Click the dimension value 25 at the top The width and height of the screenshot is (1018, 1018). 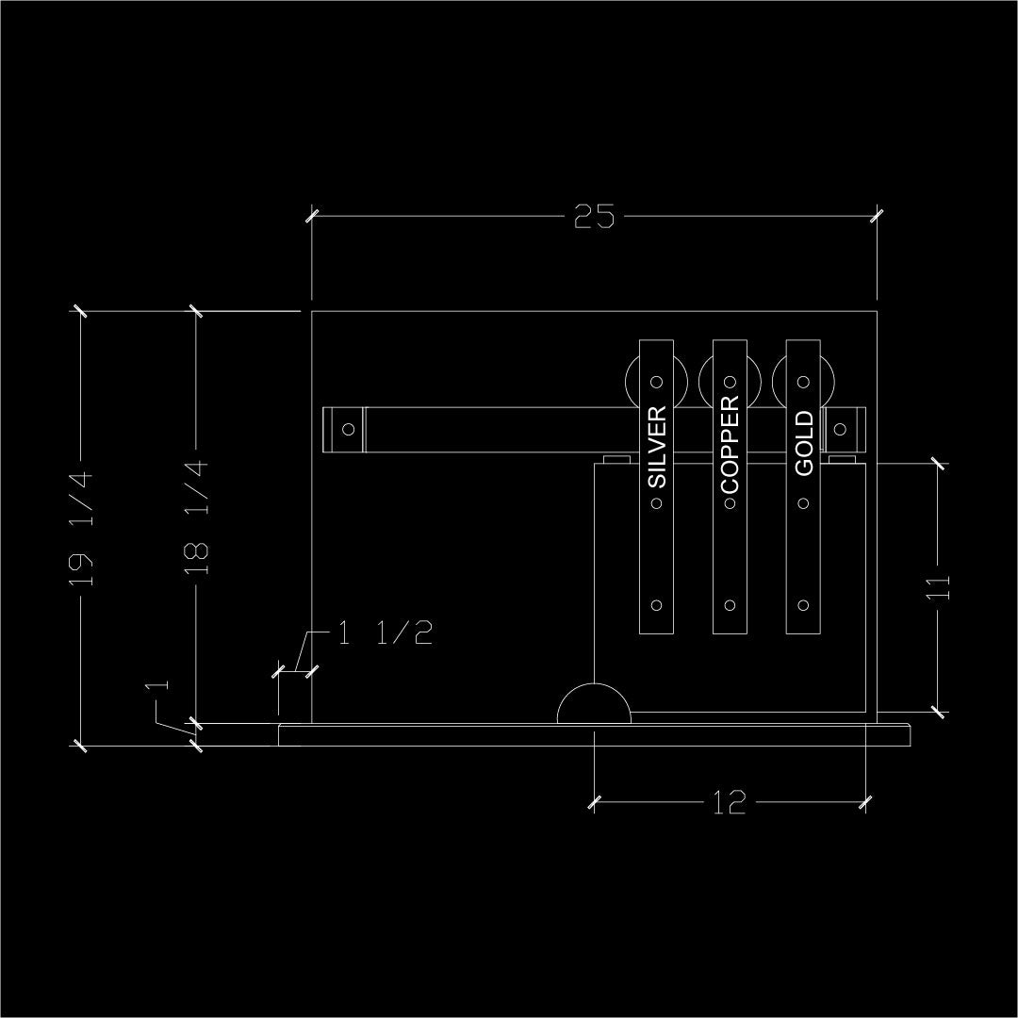click(594, 217)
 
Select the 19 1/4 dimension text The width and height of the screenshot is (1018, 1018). click(82, 528)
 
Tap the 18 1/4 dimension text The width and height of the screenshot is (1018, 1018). click(196, 518)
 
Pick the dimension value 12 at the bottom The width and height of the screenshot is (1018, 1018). click(729, 803)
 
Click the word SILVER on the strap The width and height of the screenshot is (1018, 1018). click(657, 447)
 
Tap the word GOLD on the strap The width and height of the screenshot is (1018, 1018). click(804, 443)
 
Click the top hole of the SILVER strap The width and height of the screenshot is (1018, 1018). click(657, 383)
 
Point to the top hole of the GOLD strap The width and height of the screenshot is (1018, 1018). click(804, 383)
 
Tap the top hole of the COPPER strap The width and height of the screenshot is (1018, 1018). click(730, 383)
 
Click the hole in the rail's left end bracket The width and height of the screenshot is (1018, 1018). click(348, 429)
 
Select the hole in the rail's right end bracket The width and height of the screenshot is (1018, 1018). click(840, 429)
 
